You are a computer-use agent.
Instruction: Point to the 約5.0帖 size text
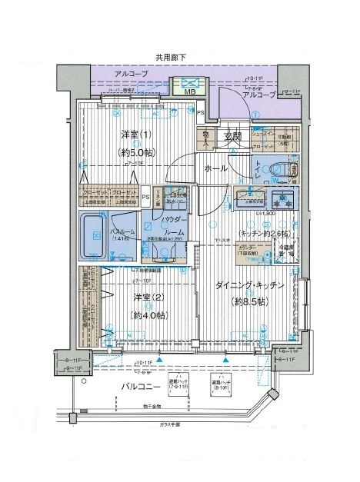point(138,152)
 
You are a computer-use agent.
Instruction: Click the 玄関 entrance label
point(233,137)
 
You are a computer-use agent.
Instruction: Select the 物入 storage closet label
point(207,137)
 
